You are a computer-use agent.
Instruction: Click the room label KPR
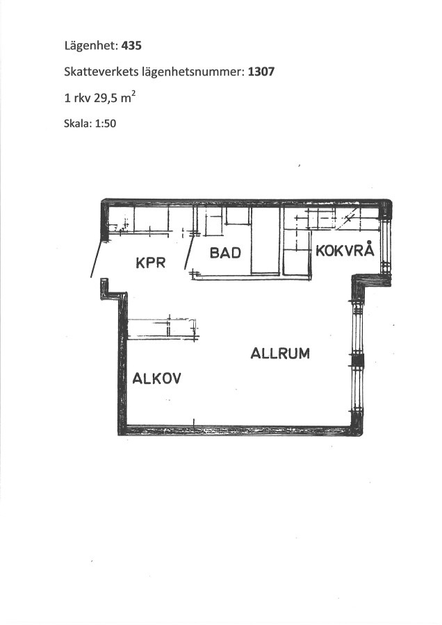tap(150, 262)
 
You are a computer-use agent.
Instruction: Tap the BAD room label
tap(225, 253)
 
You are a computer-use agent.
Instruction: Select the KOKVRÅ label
tap(345, 250)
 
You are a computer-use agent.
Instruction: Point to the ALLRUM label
tap(280, 353)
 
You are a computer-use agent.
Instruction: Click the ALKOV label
tap(156, 378)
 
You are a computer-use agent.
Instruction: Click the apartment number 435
tap(131, 46)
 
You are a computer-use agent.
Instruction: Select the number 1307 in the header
tap(261, 72)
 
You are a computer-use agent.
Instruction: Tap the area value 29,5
tap(106, 98)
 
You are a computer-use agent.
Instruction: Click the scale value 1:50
tap(106, 124)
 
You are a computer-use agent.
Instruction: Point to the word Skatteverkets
tap(101, 72)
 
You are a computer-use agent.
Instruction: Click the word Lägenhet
tap(91, 47)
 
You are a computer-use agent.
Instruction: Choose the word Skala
tap(77, 124)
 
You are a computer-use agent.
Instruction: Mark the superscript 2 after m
tap(133, 94)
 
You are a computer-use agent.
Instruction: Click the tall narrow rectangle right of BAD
tap(265, 240)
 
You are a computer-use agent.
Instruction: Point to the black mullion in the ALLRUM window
tap(357, 360)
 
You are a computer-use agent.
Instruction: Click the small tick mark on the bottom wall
tap(194, 423)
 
